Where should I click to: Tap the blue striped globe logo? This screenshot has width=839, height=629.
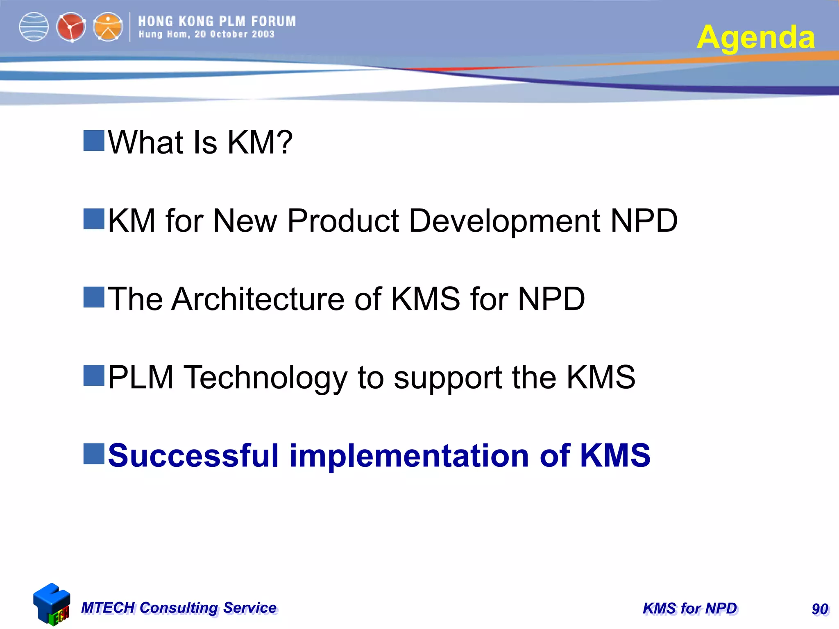coord(34,27)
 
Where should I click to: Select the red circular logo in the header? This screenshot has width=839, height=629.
coord(71,27)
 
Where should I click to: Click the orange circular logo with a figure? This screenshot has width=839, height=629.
coord(108,27)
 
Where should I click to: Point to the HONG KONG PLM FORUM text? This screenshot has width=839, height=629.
coord(217,21)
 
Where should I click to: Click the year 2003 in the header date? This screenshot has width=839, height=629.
coord(263,34)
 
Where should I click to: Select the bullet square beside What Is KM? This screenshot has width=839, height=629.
coord(94,141)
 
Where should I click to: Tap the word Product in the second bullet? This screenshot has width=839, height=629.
coord(343,221)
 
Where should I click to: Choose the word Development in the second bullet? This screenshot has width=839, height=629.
coord(505,222)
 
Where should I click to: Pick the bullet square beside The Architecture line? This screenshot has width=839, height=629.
coord(94,297)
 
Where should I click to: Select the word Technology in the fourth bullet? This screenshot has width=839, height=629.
coord(265,378)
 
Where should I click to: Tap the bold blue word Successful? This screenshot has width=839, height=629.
coord(193,455)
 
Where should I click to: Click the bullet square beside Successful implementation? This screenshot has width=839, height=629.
coord(94,454)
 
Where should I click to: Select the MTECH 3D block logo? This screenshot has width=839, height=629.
coord(51,604)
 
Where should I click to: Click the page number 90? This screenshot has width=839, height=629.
coord(820,609)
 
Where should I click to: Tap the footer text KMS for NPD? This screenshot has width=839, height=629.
coord(689,609)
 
